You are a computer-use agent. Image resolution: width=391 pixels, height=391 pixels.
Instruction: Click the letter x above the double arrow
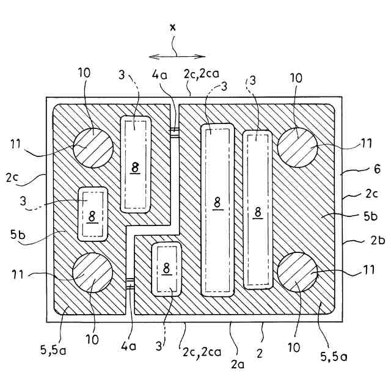(173, 27)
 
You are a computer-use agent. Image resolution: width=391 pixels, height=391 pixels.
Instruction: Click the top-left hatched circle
(93, 147)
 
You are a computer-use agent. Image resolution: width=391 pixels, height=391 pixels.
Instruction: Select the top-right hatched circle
(298, 147)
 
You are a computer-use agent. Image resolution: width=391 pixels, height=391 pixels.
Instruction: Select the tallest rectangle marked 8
(217, 210)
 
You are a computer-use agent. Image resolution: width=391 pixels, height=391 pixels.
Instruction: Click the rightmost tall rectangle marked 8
(258, 209)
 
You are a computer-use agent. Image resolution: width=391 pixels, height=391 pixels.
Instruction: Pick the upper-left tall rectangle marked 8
(136, 164)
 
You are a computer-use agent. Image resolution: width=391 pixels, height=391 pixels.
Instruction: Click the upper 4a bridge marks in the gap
(174, 133)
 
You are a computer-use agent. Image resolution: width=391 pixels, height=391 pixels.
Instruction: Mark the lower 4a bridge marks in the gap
(130, 283)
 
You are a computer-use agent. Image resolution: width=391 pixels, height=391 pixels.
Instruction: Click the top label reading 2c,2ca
(198, 74)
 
